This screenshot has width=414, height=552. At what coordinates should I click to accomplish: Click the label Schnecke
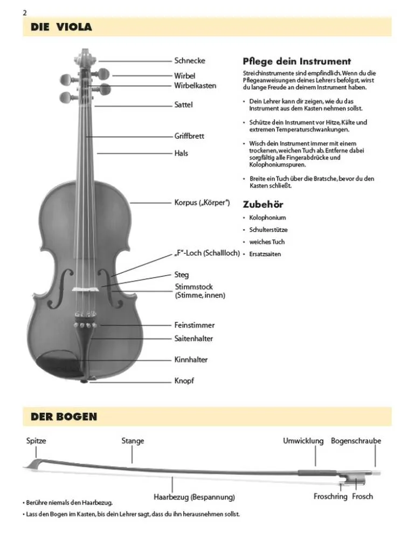pyautogui.click(x=189, y=61)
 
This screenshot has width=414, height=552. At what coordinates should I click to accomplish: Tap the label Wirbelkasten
pyautogui.click(x=195, y=86)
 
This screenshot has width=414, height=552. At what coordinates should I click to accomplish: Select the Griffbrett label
pyautogui.click(x=189, y=136)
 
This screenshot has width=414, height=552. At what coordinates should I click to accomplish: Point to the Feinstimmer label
pyautogui.click(x=194, y=325)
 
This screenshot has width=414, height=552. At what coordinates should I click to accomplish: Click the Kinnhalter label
pyautogui.click(x=191, y=360)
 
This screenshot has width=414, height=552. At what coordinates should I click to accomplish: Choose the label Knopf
pyautogui.click(x=184, y=381)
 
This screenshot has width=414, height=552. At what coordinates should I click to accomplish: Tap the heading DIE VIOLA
pyautogui.click(x=61, y=27)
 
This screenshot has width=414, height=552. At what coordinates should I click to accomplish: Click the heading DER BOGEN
pyautogui.click(x=64, y=417)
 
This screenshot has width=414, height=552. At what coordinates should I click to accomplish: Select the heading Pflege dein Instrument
pyautogui.click(x=296, y=61)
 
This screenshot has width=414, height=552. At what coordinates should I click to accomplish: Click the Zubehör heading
pyautogui.click(x=263, y=204)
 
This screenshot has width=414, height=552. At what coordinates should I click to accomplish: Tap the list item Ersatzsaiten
pyautogui.click(x=265, y=254)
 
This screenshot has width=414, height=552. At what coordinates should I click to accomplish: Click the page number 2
pyautogui.click(x=25, y=12)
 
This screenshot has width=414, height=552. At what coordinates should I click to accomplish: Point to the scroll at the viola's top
pyautogui.click(x=85, y=55)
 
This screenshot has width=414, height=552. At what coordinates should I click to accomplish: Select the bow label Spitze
pyautogui.click(x=36, y=441)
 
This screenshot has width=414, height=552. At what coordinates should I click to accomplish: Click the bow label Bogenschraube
pyautogui.click(x=356, y=441)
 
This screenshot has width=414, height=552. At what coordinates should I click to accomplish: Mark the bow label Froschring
pyautogui.click(x=330, y=496)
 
